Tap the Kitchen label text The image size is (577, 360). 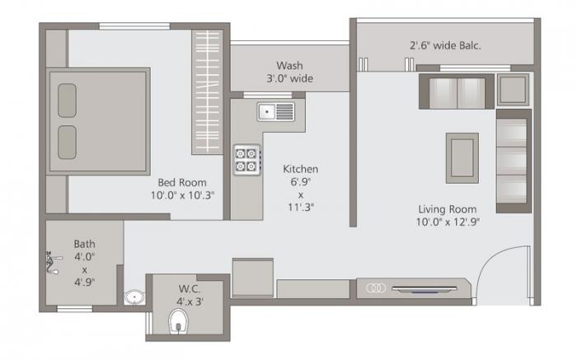pos(300,168)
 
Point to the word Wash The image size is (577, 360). pos(289,65)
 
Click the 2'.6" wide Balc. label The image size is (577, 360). pos(445,45)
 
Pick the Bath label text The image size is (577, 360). pos(84,243)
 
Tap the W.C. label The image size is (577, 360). pos(190,288)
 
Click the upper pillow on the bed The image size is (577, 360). pos(67,99)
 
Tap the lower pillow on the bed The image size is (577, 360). pos(67,140)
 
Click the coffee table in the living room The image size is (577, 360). pos(462,157)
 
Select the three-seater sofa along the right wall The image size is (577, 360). pos(513,160)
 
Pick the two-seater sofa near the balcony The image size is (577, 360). pos(456,91)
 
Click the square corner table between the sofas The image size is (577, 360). pos(514,89)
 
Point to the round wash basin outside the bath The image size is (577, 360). pos(133,297)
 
